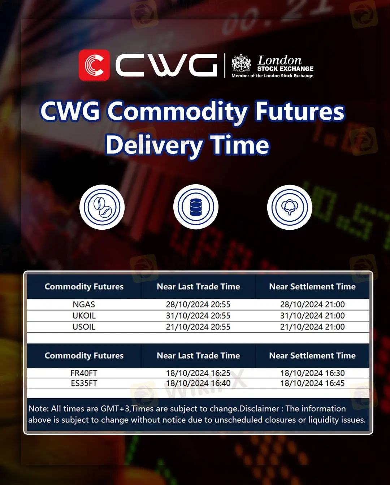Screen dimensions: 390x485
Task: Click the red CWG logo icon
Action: pos(94,65)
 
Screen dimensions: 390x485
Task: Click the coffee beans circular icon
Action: pos(102,207)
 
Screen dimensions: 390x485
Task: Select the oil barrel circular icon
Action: pos(196,207)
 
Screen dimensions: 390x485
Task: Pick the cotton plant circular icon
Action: pos(290,207)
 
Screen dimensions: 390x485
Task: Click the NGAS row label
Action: pos(84,304)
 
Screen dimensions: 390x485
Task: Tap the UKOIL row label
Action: pos(84,316)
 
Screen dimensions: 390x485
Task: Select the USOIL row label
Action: pos(84,327)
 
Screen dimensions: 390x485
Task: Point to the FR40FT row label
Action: pos(84,373)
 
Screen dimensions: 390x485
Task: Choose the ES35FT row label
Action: pos(84,384)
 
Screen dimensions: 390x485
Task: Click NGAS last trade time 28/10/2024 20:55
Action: pos(198,304)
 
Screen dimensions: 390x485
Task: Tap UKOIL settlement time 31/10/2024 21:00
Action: pos(312,316)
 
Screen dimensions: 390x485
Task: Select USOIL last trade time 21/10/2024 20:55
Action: pos(198,327)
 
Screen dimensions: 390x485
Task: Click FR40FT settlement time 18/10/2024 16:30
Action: pos(312,373)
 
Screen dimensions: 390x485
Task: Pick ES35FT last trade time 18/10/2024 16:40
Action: pos(198,384)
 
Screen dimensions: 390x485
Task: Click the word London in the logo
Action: pos(279,60)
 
